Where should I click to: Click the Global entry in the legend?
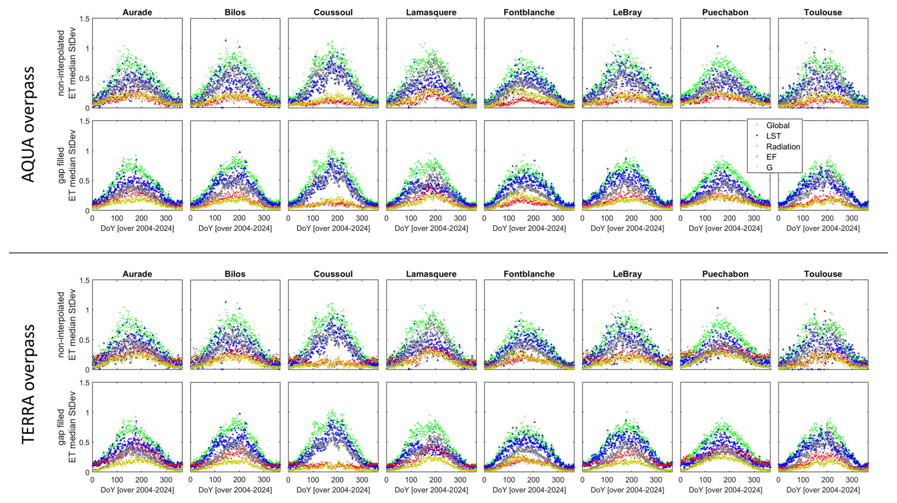click(x=778, y=126)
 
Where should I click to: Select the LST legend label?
click(x=773, y=136)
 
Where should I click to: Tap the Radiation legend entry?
click(x=783, y=147)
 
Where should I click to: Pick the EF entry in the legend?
click(x=771, y=157)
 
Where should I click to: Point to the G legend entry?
click(x=769, y=167)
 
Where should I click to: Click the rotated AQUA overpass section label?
click(x=29, y=124)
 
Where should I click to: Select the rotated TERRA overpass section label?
click(x=29, y=384)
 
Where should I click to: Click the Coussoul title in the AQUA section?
click(x=333, y=12)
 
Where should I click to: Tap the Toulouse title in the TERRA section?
click(x=823, y=274)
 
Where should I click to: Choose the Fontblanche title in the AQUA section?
click(x=529, y=12)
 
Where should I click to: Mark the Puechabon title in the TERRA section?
click(x=725, y=274)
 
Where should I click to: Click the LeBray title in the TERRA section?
click(x=627, y=274)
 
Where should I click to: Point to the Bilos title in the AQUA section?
click(x=235, y=12)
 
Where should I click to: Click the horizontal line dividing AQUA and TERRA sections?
click(x=448, y=253)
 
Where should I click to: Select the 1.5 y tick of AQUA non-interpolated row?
click(x=84, y=19)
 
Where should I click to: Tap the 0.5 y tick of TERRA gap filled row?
click(x=84, y=442)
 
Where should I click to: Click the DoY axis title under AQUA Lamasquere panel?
click(x=431, y=228)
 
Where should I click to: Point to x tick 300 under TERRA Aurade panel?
click(x=166, y=480)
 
